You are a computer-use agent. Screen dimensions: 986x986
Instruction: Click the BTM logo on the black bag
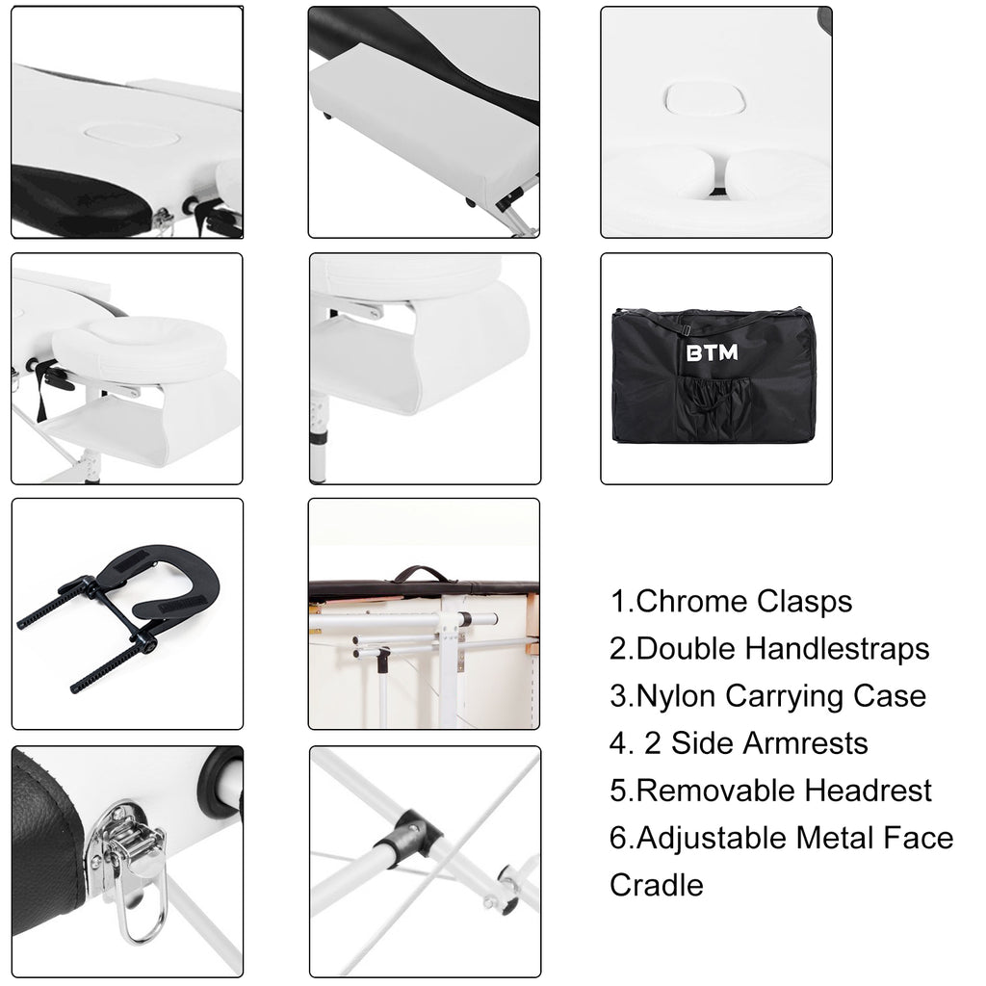coord(712,352)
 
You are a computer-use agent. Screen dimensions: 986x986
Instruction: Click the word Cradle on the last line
coord(657,886)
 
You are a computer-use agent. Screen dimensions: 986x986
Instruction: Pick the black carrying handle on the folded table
coord(422,574)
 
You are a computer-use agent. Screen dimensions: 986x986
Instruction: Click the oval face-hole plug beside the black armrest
coord(133,135)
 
